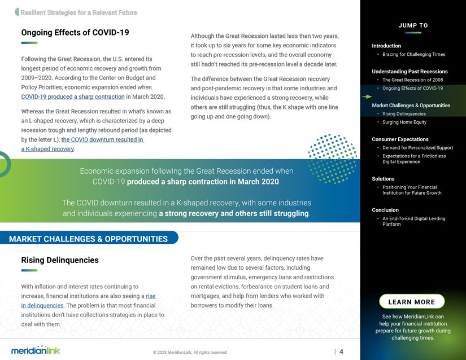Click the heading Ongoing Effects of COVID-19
(75, 33)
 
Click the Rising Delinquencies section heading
(60, 260)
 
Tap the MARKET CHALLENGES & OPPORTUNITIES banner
(89, 239)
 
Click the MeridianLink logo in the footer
(36, 350)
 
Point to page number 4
(341, 352)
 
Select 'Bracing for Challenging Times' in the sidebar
(413, 54)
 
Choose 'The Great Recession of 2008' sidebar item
(412, 80)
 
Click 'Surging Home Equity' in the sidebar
(404, 122)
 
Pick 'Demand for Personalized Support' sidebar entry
(417, 148)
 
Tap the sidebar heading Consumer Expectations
(400, 139)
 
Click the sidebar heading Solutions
(383, 179)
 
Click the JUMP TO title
(413, 25)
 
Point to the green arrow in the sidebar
(367, 97)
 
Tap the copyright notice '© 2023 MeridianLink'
(190, 353)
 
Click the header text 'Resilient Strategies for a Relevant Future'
(79, 12)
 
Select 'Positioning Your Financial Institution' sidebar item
(412, 190)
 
